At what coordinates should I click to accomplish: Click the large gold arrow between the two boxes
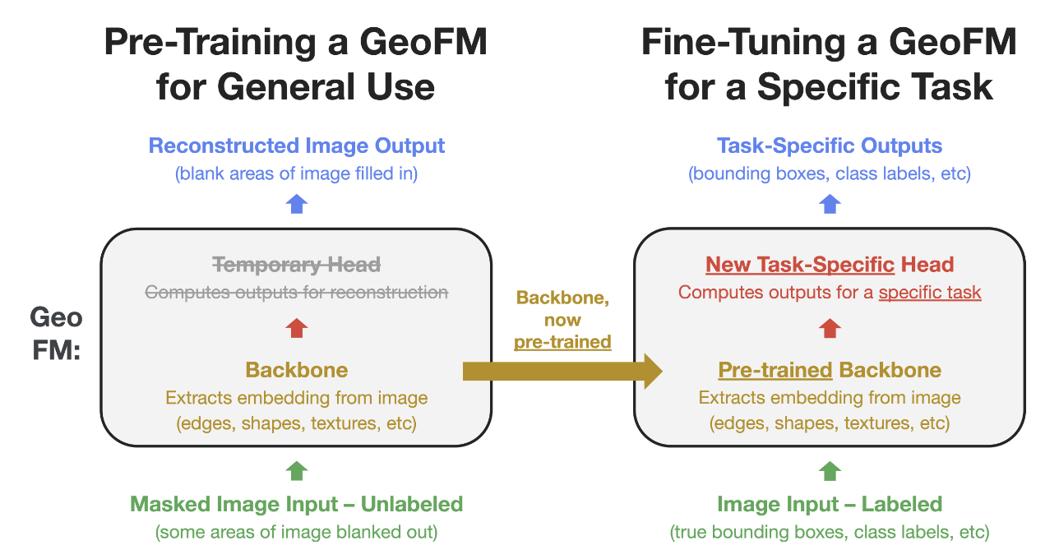coord(562,372)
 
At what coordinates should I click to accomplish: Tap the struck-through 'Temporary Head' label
coord(297,265)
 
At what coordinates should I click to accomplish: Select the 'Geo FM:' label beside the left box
coord(56,334)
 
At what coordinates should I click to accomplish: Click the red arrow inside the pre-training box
coord(297,328)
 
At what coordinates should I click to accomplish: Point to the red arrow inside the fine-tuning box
coord(830,328)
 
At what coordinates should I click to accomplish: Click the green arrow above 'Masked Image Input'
coord(297,471)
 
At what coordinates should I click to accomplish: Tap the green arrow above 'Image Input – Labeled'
coord(830,471)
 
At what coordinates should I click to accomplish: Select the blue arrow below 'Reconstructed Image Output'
coord(297,204)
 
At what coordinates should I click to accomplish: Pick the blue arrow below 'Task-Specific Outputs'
coord(830,204)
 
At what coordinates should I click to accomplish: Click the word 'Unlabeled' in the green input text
coord(412,504)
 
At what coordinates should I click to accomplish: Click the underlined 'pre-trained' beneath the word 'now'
coord(562,342)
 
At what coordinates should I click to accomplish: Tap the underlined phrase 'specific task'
coord(930,293)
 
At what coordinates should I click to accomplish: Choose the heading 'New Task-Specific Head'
coord(830,265)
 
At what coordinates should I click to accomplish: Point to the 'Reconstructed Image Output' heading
coord(297,146)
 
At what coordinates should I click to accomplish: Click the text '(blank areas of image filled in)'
coord(297,174)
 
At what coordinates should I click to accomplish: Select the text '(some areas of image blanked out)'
coord(297,532)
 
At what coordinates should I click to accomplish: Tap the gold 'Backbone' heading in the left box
coord(297,370)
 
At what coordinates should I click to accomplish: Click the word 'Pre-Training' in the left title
coord(210,44)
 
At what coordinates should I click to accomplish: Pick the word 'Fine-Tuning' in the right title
coord(743,44)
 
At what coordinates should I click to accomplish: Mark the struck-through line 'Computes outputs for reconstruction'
coord(297,293)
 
